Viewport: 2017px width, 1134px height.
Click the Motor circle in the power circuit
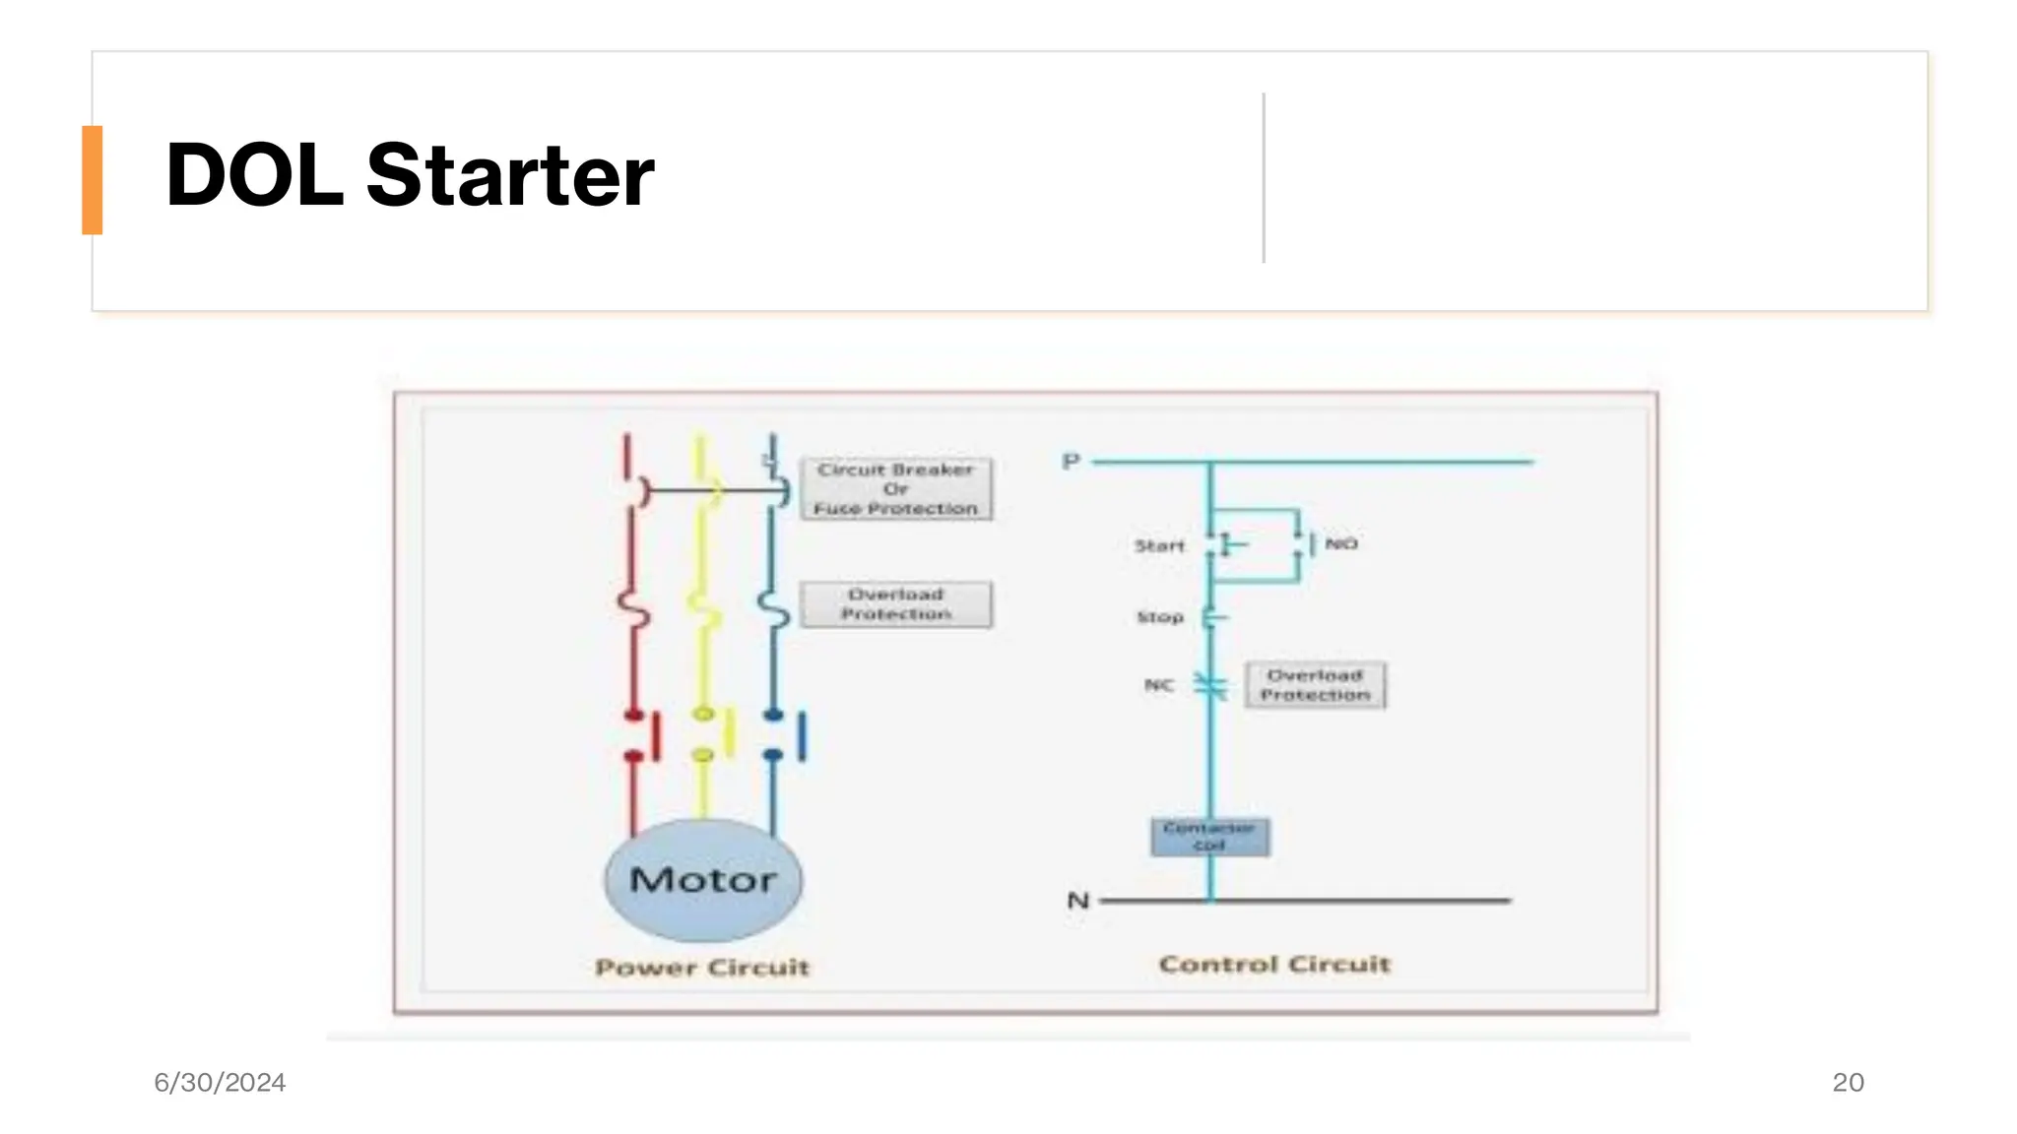click(703, 879)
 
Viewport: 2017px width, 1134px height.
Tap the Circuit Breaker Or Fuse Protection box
click(895, 489)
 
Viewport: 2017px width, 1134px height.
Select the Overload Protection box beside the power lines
click(895, 604)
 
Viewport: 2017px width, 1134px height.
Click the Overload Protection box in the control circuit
click(1315, 685)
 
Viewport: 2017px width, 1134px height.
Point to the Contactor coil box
click(1209, 837)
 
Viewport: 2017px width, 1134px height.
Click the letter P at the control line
click(1072, 462)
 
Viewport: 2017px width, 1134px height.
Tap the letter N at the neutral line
click(1078, 901)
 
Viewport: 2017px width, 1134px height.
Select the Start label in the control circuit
click(1159, 545)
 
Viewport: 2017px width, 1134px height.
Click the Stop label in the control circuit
click(1160, 617)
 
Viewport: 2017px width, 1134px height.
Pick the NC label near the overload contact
click(1159, 685)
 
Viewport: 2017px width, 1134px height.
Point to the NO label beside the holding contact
click(1340, 543)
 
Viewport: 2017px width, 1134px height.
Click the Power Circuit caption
click(702, 968)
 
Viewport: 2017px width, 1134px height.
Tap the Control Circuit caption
click(1274, 965)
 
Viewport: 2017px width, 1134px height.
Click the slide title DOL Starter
click(410, 175)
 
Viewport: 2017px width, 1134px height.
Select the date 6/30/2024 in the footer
click(220, 1083)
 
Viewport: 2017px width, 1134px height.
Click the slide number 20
click(1848, 1083)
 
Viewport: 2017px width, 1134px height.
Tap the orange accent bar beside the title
click(93, 180)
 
